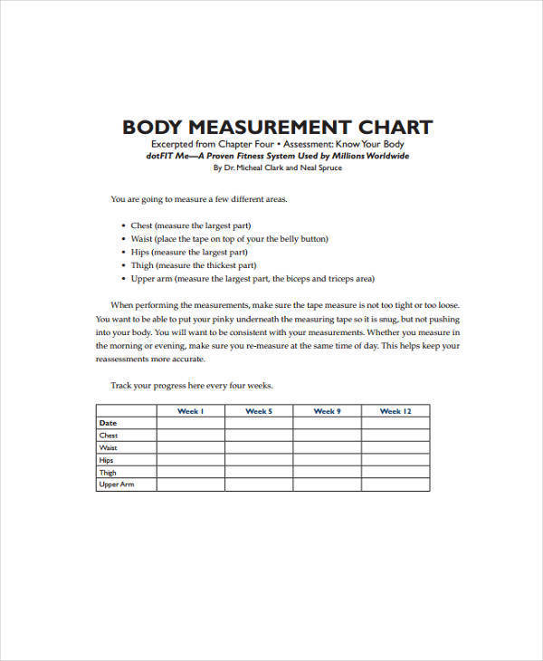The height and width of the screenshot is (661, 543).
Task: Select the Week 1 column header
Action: tap(190, 411)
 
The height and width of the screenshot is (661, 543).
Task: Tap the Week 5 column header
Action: tap(259, 411)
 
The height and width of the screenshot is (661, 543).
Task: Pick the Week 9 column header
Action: tap(327, 411)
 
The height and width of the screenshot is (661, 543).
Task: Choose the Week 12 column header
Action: tap(395, 411)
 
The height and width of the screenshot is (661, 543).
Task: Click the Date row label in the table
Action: tap(108, 423)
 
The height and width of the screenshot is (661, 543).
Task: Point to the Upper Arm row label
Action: tap(115, 484)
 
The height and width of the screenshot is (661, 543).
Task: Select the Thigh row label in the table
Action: tap(108, 472)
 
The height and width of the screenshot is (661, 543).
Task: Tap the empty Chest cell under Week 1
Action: tap(190, 436)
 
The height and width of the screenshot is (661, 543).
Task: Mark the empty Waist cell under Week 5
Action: tap(259, 447)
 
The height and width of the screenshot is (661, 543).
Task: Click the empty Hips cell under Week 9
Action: tap(327, 460)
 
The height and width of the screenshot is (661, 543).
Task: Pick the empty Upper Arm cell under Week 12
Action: tap(395, 484)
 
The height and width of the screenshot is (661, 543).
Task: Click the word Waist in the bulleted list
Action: tap(140, 239)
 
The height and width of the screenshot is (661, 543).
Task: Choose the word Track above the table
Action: tap(121, 385)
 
